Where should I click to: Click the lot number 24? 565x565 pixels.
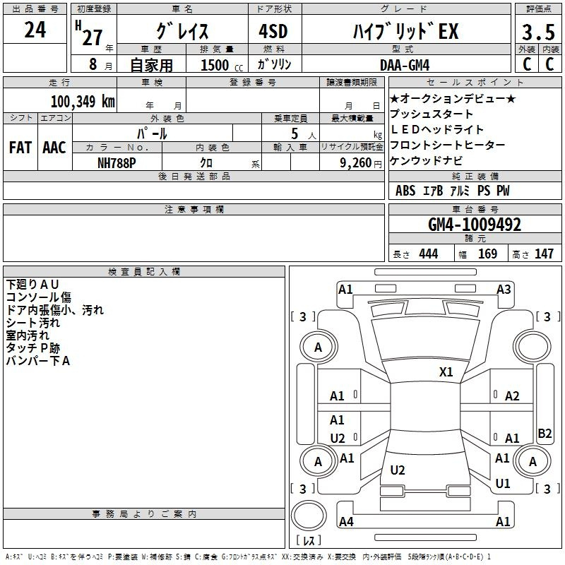point(35,30)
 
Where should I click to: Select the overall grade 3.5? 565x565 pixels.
point(538,32)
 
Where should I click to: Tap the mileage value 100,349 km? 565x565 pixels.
point(83,102)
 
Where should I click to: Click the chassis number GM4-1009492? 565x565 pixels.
point(475,225)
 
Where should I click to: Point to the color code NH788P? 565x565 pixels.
point(117,163)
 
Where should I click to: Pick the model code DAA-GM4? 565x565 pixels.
point(405,65)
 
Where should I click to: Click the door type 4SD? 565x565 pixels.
point(273,31)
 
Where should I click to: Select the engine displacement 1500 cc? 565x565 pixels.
point(222,65)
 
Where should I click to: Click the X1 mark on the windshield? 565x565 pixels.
point(446,372)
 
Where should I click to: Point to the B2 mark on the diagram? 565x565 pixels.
point(545,433)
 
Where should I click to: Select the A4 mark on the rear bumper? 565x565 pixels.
point(346,521)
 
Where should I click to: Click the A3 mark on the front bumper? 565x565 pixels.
point(504,290)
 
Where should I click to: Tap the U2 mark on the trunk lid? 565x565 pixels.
point(398,470)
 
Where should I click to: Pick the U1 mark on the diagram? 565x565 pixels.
point(503,484)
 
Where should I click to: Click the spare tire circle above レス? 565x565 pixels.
point(309,516)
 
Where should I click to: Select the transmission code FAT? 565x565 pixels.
point(20,148)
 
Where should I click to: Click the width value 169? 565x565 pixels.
point(487,254)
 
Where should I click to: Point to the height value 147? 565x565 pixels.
point(544,254)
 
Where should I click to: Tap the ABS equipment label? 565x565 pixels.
point(405,191)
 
